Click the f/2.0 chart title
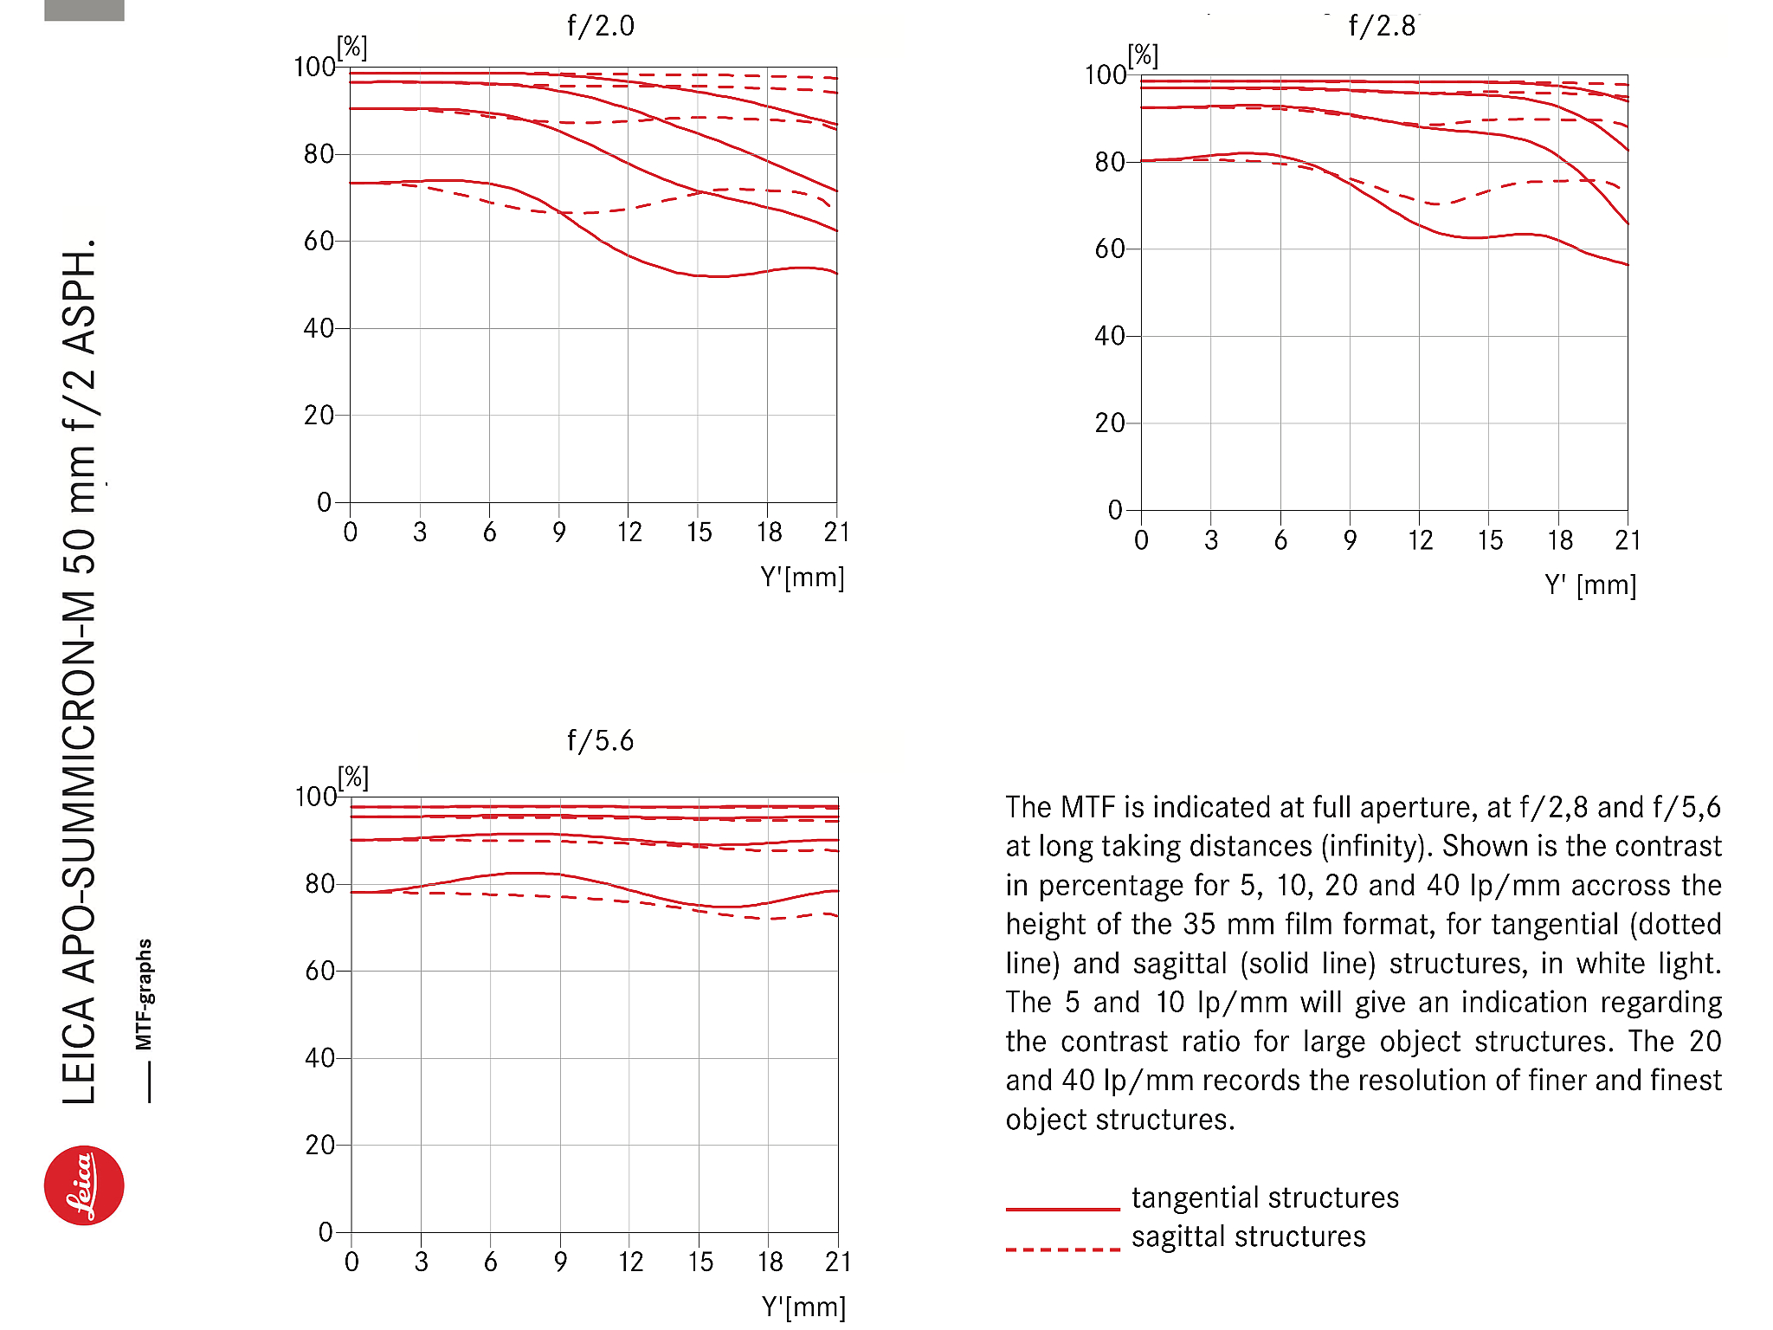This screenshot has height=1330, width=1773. pos(600,26)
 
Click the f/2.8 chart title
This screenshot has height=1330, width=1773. pos(1382,26)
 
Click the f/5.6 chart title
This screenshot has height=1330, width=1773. pos(600,741)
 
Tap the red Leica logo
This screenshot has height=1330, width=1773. pos(84,1185)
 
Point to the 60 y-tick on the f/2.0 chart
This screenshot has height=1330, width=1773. pos(319,242)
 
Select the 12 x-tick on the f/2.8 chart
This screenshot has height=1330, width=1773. pos(1420,541)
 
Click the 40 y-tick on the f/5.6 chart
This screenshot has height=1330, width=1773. pos(319,1058)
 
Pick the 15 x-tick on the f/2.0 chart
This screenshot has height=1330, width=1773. pos(699,533)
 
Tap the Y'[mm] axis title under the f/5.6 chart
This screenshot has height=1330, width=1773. pos(803,1307)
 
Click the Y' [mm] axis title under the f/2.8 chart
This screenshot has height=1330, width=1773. pos(1590,585)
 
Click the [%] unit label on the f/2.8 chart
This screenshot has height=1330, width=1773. pos(1143,56)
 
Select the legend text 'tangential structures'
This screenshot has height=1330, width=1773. pos(1265,1198)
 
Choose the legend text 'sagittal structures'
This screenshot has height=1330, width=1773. pos(1248,1236)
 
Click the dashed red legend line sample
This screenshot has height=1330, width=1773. pos(1062,1249)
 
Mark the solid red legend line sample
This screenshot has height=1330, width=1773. pos(1062,1209)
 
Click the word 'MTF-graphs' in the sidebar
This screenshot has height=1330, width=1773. pos(145,994)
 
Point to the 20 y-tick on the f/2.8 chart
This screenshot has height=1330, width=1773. pos(1109,423)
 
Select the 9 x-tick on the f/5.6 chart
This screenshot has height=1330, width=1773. pos(560,1262)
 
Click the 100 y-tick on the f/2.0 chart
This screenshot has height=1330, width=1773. pos(314,68)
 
